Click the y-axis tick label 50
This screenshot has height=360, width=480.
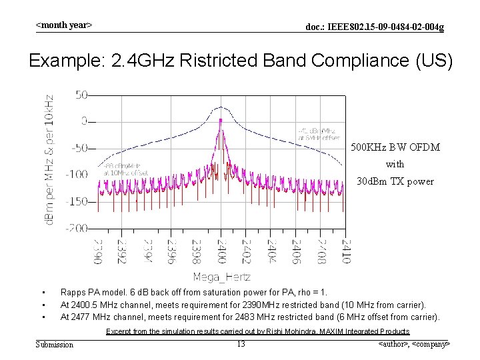click(80, 95)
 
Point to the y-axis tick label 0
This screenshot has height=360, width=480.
click(83, 121)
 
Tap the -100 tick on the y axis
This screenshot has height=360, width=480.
click(76, 174)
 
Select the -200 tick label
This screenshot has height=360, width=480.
click(76, 228)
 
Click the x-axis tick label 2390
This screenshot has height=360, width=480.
click(97, 251)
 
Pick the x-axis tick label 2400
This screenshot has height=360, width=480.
click(220, 251)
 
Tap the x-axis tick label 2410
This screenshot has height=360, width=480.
click(345, 251)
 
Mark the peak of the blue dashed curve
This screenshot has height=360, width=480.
click(220, 109)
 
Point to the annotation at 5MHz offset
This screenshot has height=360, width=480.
click(319, 134)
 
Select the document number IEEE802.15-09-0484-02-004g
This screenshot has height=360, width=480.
click(374, 27)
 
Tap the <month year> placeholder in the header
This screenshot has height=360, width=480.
click(63, 25)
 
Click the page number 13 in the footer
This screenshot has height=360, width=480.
click(241, 344)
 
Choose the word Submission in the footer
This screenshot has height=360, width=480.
click(55, 344)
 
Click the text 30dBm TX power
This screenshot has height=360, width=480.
click(395, 181)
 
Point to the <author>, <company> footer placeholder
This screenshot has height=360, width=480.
click(413, 344)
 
